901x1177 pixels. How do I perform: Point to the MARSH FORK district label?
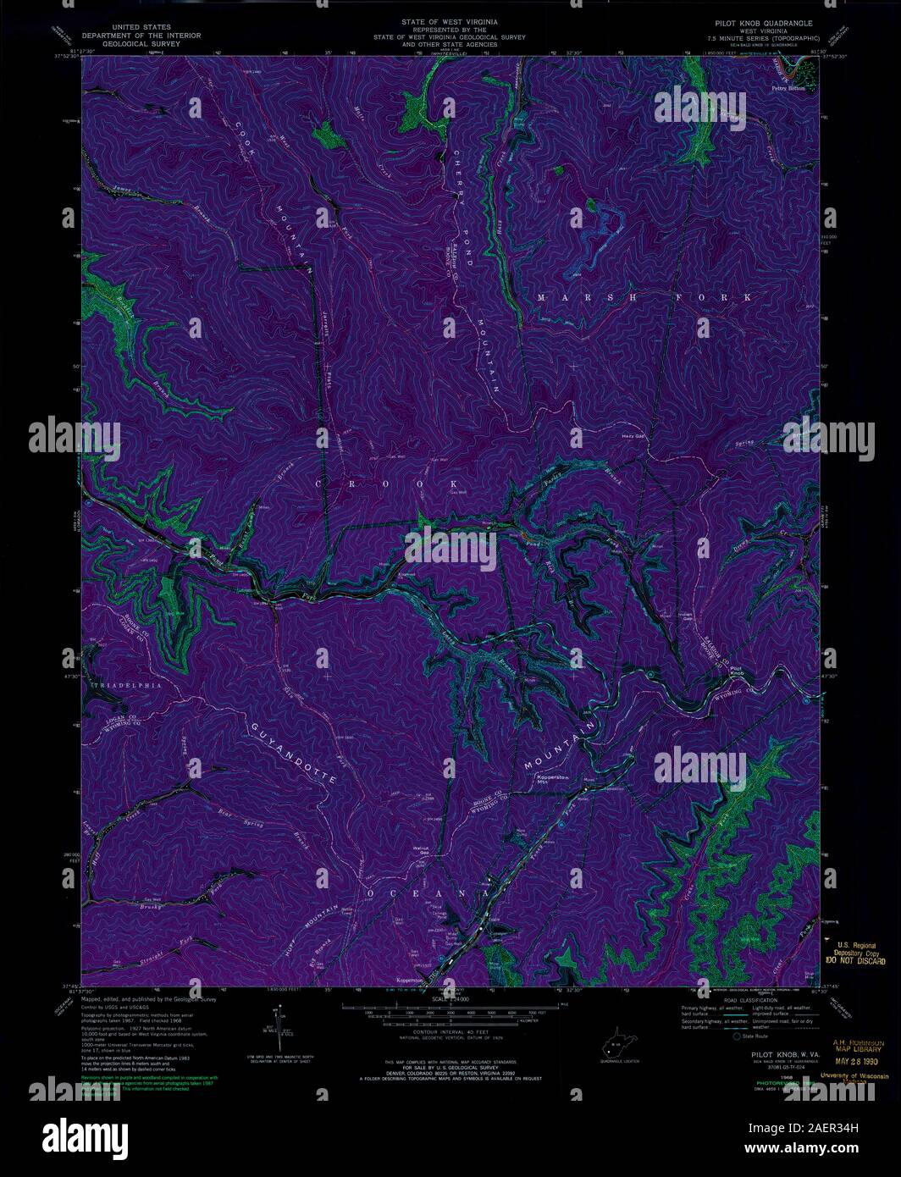(644, 298)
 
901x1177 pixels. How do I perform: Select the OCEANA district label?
(428, 893)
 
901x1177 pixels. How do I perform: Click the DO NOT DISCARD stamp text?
(855, 961)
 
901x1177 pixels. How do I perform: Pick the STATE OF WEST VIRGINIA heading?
(450, 19)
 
